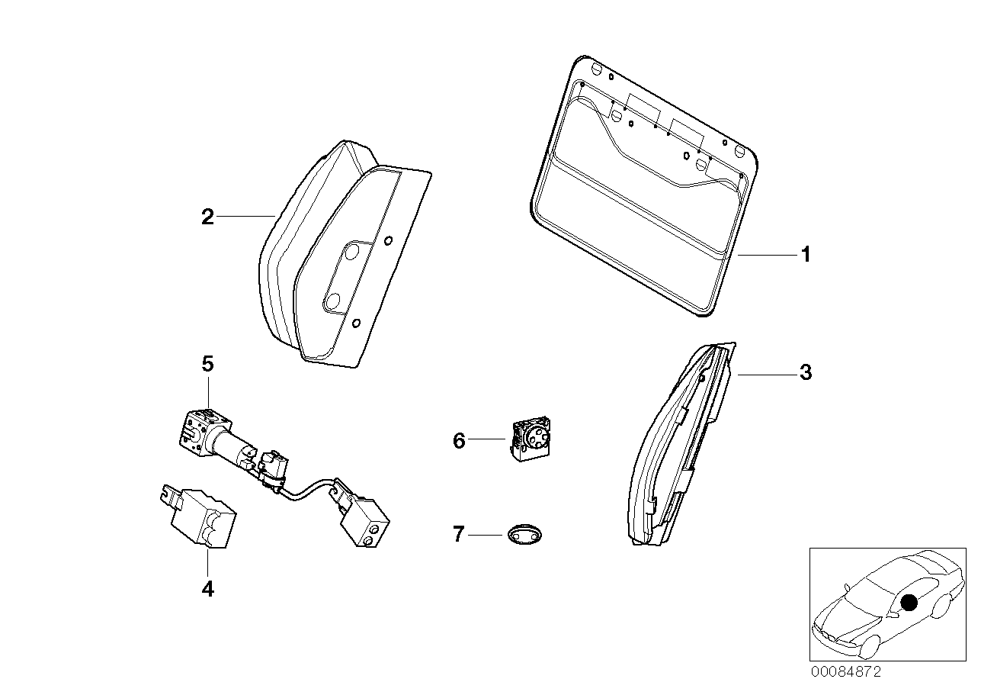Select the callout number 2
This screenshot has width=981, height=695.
tap(207, 217)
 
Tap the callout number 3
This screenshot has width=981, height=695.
tap(805, 374)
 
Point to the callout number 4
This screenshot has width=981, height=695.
tap(207, 589)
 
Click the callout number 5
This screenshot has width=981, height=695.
tap(207, 364)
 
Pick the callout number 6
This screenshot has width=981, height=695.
tap(459, 440)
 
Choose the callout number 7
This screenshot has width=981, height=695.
tap(458, 535)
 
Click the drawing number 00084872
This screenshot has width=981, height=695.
tap(845, 672)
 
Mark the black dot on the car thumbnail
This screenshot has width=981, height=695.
tap(908, 603)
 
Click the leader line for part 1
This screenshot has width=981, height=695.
tap(766, 255)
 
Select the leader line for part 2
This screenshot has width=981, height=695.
tap(245, 217)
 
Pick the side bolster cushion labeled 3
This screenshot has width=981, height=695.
tap(678, 450)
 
